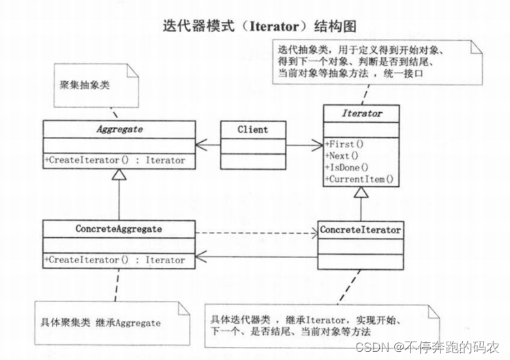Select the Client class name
[252, 129]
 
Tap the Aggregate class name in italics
[119, 128]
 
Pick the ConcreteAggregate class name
[119, 229]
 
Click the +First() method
[346, 144]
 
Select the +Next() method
[344, 155]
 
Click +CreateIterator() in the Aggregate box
[115, 160]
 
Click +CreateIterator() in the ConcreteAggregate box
[115, 260]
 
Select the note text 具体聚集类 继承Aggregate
[101, 322]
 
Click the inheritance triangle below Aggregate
[119, 176]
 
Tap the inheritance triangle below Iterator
[360, 194]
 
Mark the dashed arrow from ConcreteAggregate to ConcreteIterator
[256, 232]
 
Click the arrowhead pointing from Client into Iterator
[319, 145]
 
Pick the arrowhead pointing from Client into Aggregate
[200, 145]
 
